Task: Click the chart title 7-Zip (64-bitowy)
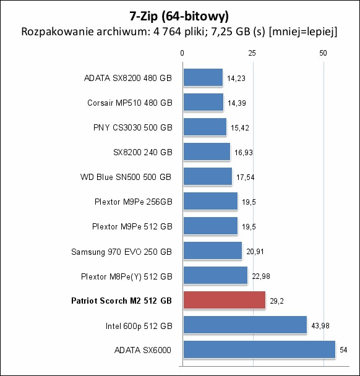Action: point(179,16)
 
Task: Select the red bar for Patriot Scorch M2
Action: point(225,300)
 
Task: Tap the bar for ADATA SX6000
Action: point(259,349)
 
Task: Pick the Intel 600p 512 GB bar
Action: point(245,325)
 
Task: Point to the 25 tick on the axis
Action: point(252,53)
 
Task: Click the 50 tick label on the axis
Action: point(323,53)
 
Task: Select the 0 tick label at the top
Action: point(182,53)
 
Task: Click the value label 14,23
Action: point(236,79)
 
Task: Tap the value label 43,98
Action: point(320,326)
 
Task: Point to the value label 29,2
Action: point(276,301)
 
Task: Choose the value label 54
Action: point(343,350)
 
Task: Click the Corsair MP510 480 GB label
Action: point(130,103)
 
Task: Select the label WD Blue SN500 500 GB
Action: point(126,177)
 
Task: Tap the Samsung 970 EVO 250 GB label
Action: point(122,252)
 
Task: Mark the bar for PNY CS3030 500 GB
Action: point(205,127)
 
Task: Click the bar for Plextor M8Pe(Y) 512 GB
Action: point(216,275)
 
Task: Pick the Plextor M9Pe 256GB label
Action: point(134,202)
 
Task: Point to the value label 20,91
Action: point(255,252)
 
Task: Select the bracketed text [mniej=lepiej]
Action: point(303,32)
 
